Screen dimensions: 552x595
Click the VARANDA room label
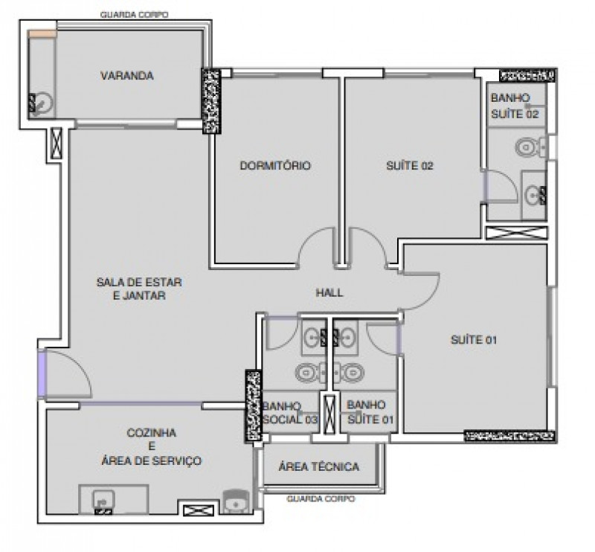click(126, 76)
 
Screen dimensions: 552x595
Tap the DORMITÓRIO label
click(274, 166)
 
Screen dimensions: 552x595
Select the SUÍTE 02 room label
click(409, 166)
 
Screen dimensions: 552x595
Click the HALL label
click(329, 292)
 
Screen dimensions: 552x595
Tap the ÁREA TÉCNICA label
click(318, 467)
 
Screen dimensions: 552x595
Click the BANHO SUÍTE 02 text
click(514, 106)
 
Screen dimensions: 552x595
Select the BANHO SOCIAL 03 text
click(289, 413)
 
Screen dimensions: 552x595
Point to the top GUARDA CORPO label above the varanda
click(134, 14)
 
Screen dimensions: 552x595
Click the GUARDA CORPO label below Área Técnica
click(320, 499)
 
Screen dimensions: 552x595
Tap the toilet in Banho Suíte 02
click(528, 147)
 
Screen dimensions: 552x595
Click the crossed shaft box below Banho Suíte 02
click(516, 231)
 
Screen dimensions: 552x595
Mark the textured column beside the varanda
click(212, 100)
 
